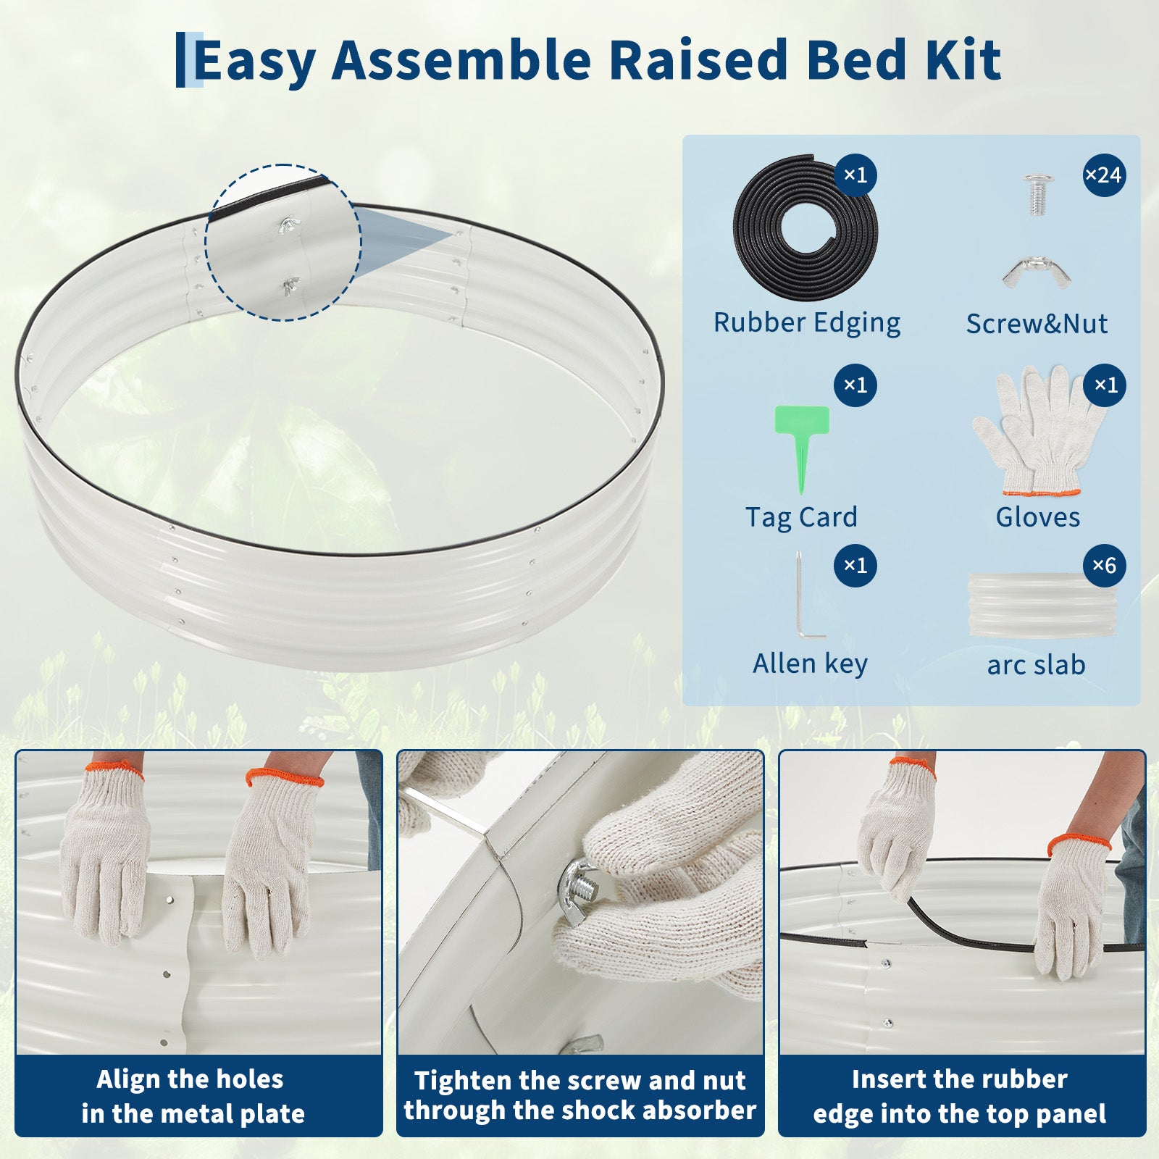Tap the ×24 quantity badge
tap(1104, 175)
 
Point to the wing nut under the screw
tap(1036, 272)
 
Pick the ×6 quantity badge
tap(1104, 565)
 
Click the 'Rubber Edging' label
tap(807, 323)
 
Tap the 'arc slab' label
tap(1036, 665)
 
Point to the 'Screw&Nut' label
tap(1037, 324)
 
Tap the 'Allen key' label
tap(810, 664)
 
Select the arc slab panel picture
tap(1041, 606)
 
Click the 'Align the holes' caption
tap(190, 1079)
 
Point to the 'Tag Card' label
tap(801, 517)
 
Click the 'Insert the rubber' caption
tap(959, 1079)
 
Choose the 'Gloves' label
tap(1037, 517)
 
